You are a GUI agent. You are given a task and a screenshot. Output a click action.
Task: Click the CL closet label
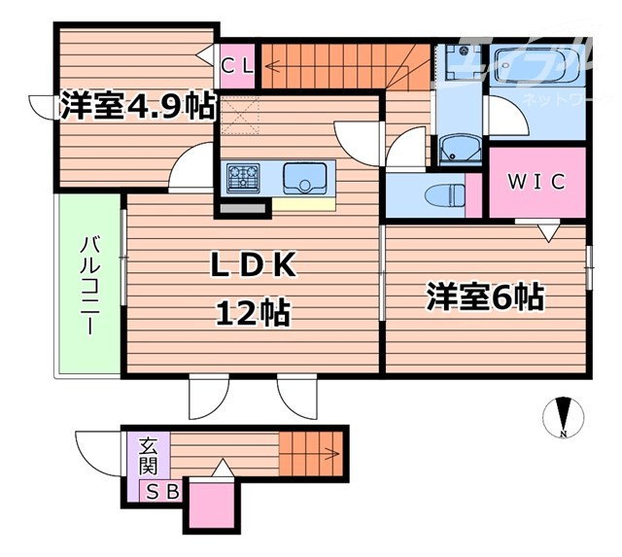click(x=237, y=67)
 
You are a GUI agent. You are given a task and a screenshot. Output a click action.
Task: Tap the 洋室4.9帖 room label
click(x=136, y=106)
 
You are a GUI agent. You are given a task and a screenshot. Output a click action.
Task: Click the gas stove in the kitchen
click(x=244, y=178)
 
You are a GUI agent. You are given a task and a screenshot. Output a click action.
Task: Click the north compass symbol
click(x=561, y=416)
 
